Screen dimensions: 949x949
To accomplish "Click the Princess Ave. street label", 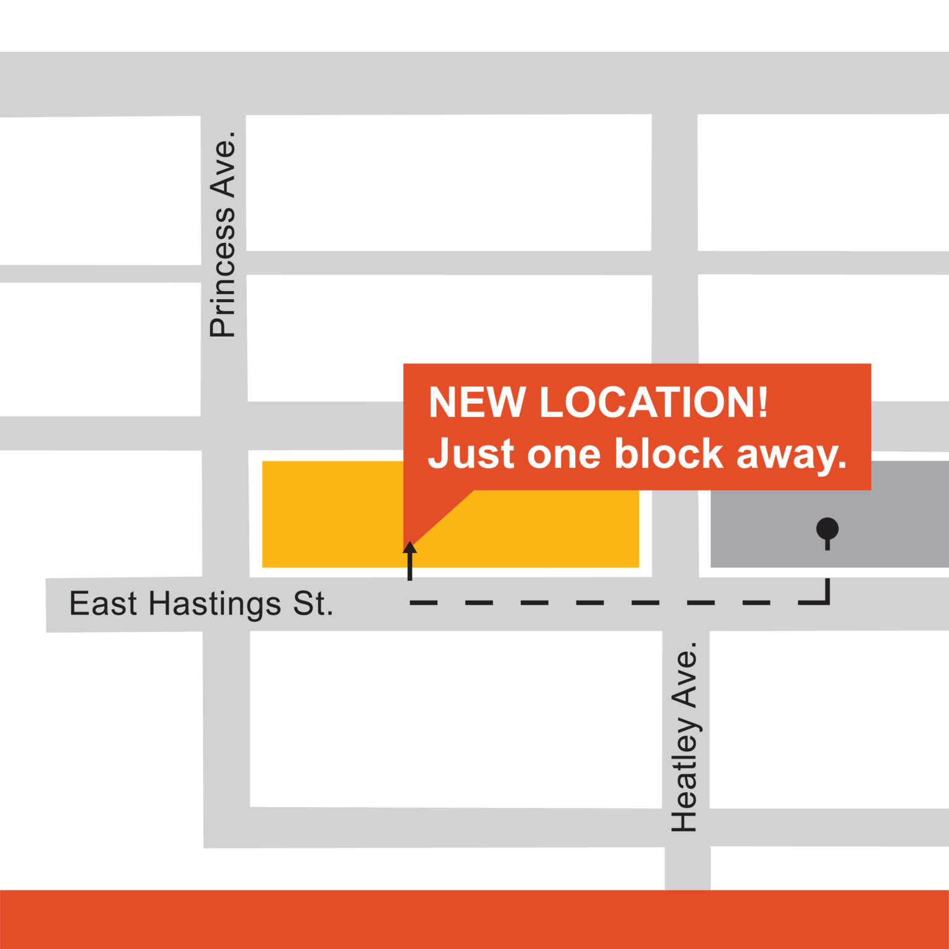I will click(223, 235).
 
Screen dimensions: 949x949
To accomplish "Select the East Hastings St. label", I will click(201, 604).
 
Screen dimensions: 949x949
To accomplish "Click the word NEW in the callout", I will click(477, 403).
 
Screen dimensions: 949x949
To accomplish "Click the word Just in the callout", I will click(471, 453).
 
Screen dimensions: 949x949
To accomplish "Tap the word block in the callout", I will click(669, 453).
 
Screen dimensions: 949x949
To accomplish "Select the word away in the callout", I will click(791, 456).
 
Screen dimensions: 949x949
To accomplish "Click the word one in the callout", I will click(563, 455).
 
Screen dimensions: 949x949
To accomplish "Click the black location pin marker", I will click(827, 529).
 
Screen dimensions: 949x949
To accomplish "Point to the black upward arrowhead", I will click(410, 548).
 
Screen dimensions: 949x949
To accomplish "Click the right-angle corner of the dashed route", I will click(827, 601).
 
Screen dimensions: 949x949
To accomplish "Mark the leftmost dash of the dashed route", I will click(424, 602).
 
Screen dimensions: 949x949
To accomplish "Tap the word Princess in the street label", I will click(223, 272).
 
